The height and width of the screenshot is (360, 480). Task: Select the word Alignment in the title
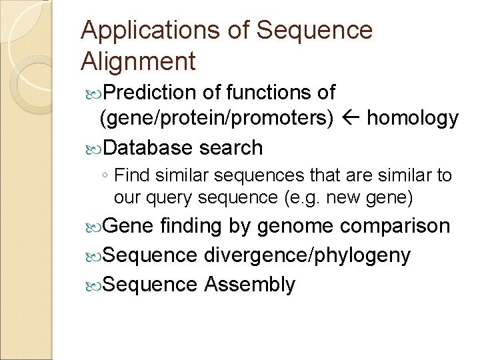tap(138, 61)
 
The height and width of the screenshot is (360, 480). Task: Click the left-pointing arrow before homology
tap(351, 119)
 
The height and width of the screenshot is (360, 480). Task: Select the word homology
tap(413, 119)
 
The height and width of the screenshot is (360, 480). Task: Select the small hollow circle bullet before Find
tap(106, 177)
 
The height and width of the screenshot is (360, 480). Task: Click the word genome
tap(295, 227)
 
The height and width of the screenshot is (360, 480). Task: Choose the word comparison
tap(395, 227)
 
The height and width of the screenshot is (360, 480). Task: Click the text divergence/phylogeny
tap(307, 255)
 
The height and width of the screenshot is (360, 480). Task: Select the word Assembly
tap(249, 285)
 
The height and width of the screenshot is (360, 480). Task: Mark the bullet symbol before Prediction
tap(93, 93)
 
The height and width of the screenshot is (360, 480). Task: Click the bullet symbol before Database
tap(93, 148)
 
